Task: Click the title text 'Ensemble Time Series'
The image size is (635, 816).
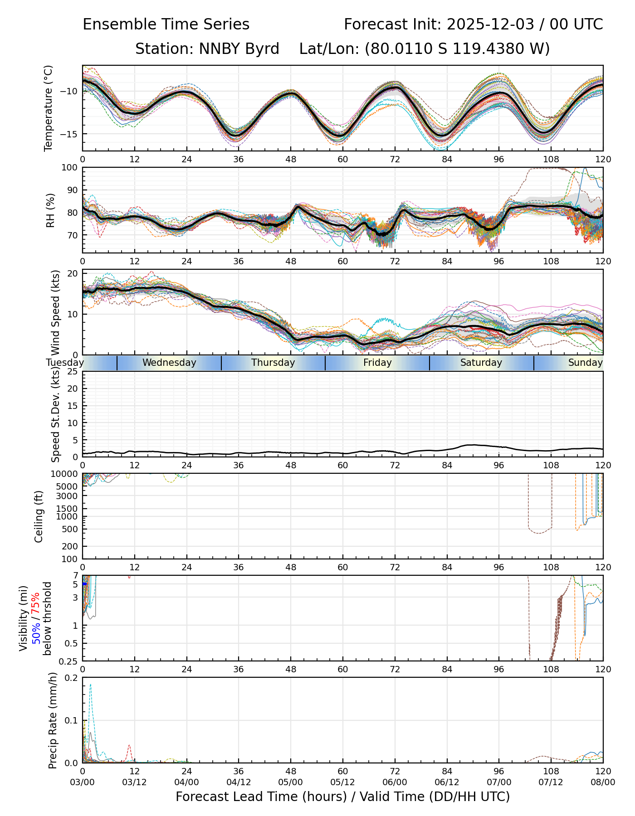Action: tap(166, 24)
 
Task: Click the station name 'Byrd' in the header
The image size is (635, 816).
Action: tap(262, 49)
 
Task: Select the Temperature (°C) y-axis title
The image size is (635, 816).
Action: tap(49, 108)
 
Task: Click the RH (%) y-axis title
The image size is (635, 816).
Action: tap(50, 210)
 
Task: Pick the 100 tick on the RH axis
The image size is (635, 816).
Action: tap(69, 168)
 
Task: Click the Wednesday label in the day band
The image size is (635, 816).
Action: tap(169, 363)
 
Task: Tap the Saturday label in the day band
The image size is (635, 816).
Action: tap(481, 363)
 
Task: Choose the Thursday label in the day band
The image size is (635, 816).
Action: tap(273, 363)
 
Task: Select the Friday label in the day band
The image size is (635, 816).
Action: tap(377, 363)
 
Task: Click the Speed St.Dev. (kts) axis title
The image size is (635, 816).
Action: tap(55, 414)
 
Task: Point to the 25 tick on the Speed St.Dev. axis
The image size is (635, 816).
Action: tap(73, 372)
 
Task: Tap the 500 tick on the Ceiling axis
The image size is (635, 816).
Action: tap(71, 529)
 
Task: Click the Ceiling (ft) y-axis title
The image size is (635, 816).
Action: tap(39, 516)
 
